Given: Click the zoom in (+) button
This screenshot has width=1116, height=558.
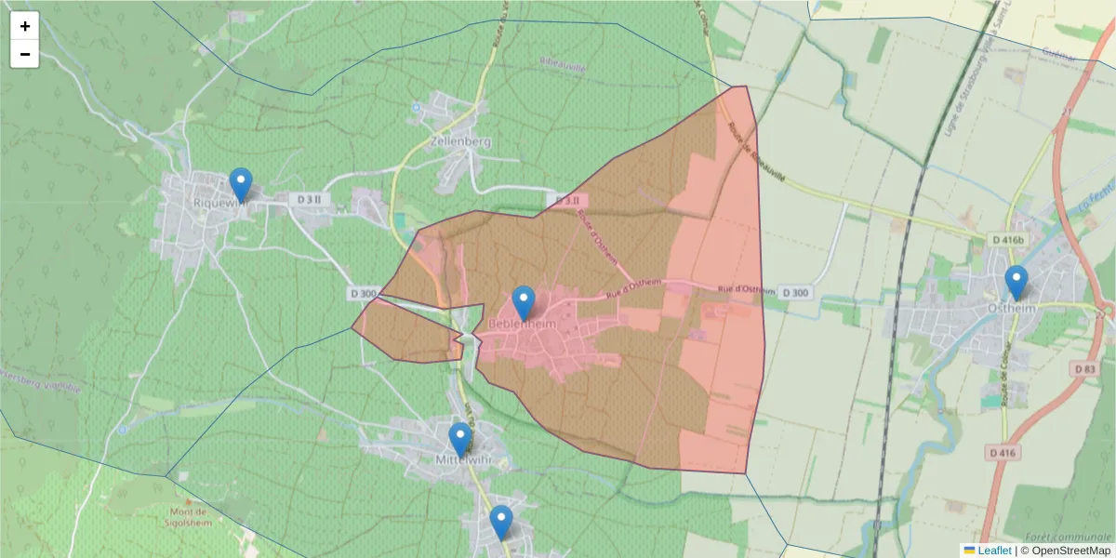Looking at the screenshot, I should [25, 26].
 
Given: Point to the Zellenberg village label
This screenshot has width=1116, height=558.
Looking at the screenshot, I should [460, 142].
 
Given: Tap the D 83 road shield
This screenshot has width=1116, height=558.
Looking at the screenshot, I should [1084, 368].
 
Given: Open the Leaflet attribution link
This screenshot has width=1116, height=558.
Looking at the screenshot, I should [993, 551].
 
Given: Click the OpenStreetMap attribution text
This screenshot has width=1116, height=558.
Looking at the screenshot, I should [1070, 551].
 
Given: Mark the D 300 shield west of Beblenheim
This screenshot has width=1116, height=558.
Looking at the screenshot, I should [364, 294].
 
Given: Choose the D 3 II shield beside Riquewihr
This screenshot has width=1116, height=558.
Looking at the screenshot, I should [310, 199].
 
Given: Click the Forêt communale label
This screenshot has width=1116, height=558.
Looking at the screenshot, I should [1068, 537].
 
